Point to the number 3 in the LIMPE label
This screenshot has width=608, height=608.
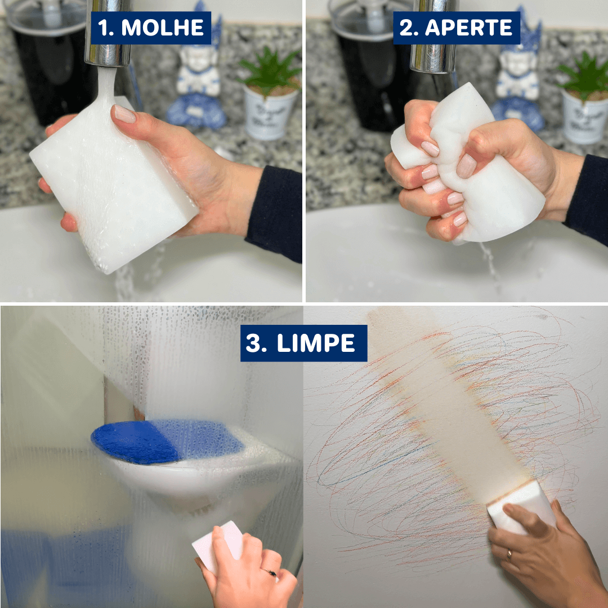[256, 343]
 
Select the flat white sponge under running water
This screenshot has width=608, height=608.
[113, 186]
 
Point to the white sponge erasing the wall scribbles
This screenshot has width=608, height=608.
[521, 507]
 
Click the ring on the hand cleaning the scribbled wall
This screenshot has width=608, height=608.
[509, 555]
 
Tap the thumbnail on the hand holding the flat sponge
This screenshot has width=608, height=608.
[124, 114]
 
